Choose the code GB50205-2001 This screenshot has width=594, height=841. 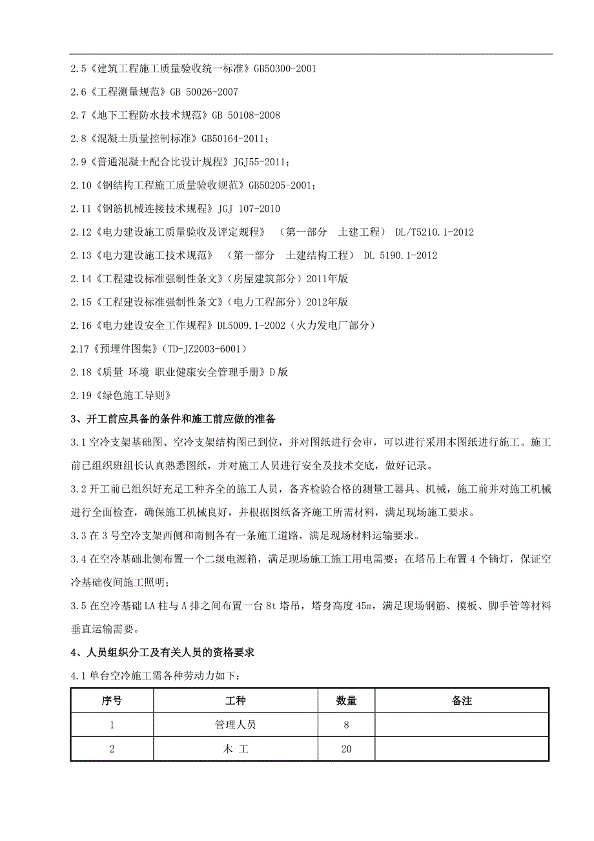(280, 185)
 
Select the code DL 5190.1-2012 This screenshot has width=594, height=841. (400, 255)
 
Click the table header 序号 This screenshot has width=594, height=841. (112, 701)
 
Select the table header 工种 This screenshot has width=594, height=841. (235, 701)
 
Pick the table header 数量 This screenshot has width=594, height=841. (346, 701)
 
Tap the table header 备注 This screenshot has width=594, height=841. (462, 701)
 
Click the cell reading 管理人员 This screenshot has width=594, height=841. (235, 725)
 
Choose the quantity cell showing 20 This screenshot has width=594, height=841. (346, 749)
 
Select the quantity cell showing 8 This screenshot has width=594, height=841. (346, 725)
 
